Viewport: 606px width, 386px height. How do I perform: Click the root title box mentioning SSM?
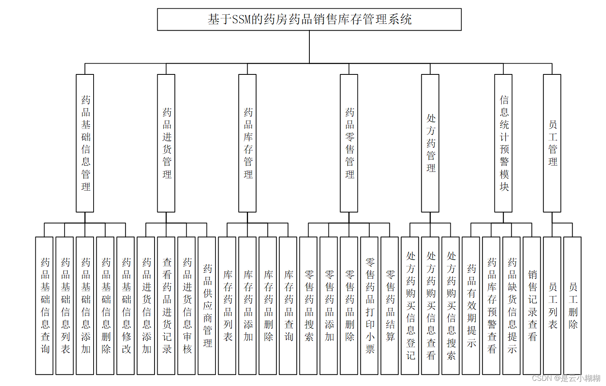[x=309, y=19]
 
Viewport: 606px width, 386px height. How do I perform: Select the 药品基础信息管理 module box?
[x=85, y=143]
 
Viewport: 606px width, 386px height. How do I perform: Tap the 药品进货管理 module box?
[x=166, y=143]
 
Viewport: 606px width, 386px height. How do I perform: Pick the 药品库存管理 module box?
[x=247, y=143]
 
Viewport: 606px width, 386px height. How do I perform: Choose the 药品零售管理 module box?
[x=349, y=143]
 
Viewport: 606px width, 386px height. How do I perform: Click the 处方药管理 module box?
[x=430, y=143]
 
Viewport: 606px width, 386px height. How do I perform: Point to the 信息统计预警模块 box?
[x=503, y=143]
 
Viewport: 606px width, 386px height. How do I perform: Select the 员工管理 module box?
[x=552, y=143]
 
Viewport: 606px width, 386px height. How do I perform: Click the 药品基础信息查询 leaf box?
[x=44, y=306]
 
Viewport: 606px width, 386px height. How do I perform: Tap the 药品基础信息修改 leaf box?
[x=125, y=306]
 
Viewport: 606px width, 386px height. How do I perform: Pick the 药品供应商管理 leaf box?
[x=207, y=306]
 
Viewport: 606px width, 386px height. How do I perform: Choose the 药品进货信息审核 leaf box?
[x=186, y=306]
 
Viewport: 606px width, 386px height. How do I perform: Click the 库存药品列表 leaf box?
[x=227, y=306]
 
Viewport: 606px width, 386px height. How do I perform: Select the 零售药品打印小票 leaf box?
[x=369, y=306]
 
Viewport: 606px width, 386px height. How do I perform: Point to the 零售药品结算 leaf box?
[x=389, y=306]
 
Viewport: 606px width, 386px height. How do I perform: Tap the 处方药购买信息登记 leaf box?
[x=410, y=306]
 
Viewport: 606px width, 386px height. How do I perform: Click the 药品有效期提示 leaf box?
[x=471, y=306]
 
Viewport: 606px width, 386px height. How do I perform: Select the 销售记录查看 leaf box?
[x=532, y=306]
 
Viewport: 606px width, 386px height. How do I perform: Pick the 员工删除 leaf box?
[x=572, y=306]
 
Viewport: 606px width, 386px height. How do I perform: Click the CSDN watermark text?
[x=566, y=378]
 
